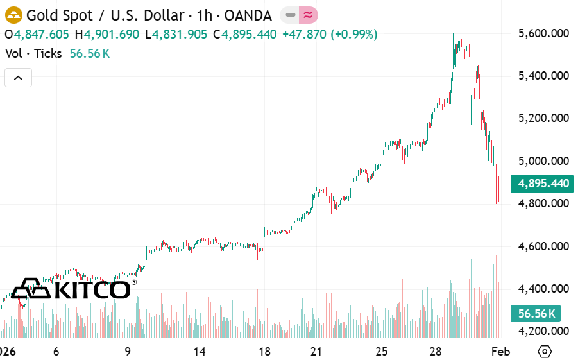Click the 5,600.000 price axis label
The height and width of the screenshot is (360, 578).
tap(543, 33)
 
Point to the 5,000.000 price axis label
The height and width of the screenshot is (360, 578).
tap(543, 161)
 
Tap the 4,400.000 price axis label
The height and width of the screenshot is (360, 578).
tap(543, 289)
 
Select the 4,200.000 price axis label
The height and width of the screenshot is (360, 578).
tap(543, 331)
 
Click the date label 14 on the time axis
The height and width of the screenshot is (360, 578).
tap(200, 352)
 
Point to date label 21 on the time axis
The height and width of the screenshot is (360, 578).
tap(315, 352)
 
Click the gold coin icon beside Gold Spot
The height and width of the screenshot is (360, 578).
tap(13, 15)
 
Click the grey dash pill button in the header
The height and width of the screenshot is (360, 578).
tap(290, 15)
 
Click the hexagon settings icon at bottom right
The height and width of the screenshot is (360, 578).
tap(545, 352)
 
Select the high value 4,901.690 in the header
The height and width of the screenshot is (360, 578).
tap(112, 34)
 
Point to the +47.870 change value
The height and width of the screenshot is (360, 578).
tap(306, 34)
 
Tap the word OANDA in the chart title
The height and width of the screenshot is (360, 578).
tap(248, 15)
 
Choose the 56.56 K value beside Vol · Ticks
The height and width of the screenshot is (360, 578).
tap(90, 53)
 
